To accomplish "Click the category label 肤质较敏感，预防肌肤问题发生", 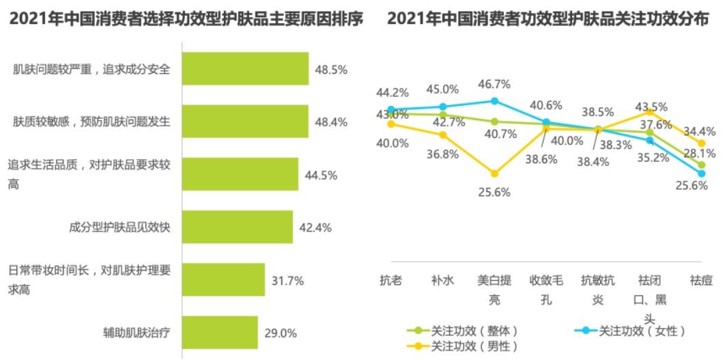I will (x=91, y=122).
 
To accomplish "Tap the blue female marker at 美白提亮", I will (x=495, y=101).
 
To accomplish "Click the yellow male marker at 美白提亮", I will (x=495, y=174).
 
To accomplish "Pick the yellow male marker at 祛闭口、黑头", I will (x=649, y=112).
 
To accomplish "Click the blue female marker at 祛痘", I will (x=701, y=174).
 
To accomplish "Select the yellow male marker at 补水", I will (x=443, y=135).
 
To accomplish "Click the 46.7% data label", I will (x=494, y=85).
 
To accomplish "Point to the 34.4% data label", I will (x=699, y=131).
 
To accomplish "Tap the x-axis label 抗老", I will (x=391, y=279).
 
